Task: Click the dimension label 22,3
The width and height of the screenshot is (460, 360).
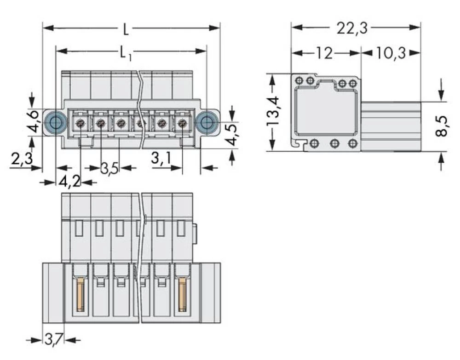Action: click(352, 29)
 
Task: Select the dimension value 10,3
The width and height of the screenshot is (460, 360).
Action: click(391, 53)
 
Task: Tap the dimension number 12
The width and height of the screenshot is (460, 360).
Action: click(324, 53)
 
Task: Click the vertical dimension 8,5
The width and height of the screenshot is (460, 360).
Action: click(442, 126)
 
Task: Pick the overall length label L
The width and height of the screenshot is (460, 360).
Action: click(125, 30)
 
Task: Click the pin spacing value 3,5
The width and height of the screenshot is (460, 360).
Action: click(109, 168)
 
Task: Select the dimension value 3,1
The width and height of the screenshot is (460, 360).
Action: click(161, 159)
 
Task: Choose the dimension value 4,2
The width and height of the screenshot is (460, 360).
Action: click(69, 182)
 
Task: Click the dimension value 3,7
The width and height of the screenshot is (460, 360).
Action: click(53, 341)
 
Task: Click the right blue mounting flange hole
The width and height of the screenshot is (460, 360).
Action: click(207, 122)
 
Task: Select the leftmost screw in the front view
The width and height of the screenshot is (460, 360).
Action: click(80, 123)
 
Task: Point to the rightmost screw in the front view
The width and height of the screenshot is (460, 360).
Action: click(182, 123)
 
